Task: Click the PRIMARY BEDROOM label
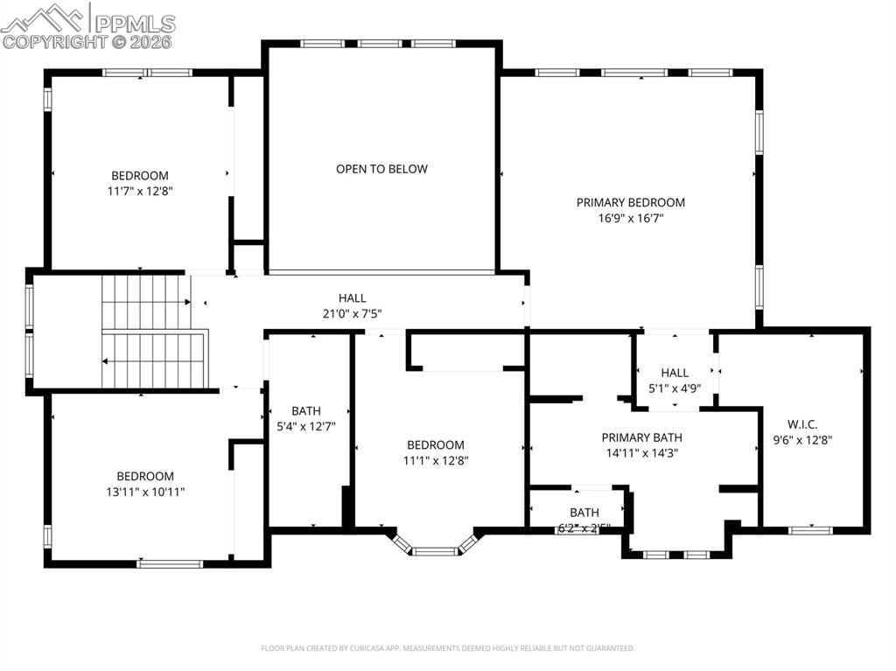coord(630,202)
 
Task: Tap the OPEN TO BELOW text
coord(381,169)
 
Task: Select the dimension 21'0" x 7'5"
coord(353,313)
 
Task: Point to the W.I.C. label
coord(801,424)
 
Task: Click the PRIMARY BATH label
coord(641,437)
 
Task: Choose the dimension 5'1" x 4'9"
coord(675,388)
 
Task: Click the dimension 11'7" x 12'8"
coord(139,191)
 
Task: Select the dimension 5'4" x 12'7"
coord(306,426)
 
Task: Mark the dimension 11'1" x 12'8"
coord(435,460)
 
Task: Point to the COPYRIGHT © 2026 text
coord(87,41)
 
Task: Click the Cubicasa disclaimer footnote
coord(447,648)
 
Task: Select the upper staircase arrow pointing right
coord(187,302)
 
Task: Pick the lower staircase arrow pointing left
coord(106,360)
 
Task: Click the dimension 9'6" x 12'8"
coord(801,440)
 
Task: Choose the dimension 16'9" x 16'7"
coord(630,219)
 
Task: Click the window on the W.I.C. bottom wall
coord(809,528)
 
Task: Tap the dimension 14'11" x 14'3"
coord(641,453)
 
